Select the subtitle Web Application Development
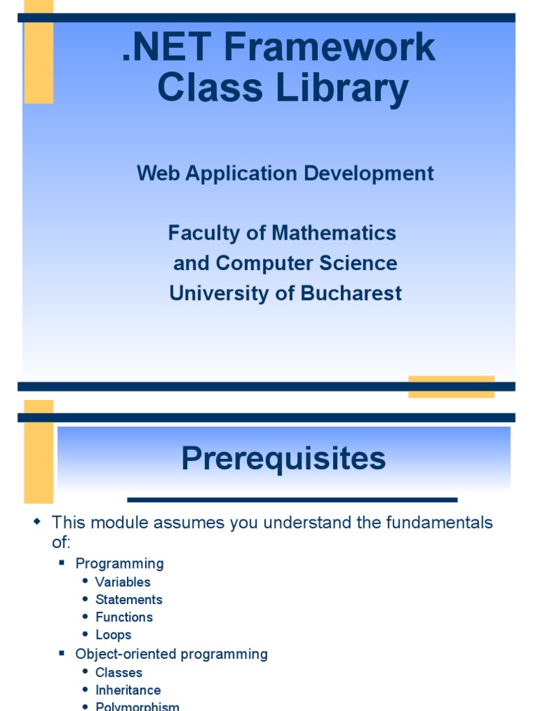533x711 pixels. [x=285, y=174]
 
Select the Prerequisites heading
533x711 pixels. [x=283, y=459]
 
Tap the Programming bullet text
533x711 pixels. [x=119, y=564]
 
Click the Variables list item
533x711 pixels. [x=123, y=582]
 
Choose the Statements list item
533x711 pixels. [x=129, y=600]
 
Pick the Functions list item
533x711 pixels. [x=124, y=617]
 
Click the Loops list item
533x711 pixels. [x=113, y=635]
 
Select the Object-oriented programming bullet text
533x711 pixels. [x=171, y=654]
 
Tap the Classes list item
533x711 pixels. [x=119, y=672]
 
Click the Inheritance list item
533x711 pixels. [x=128, y=690]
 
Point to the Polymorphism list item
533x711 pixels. [x=137, y=706]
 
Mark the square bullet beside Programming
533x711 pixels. [x=62, y=563]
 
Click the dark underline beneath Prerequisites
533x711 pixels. [x=292, y=499]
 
